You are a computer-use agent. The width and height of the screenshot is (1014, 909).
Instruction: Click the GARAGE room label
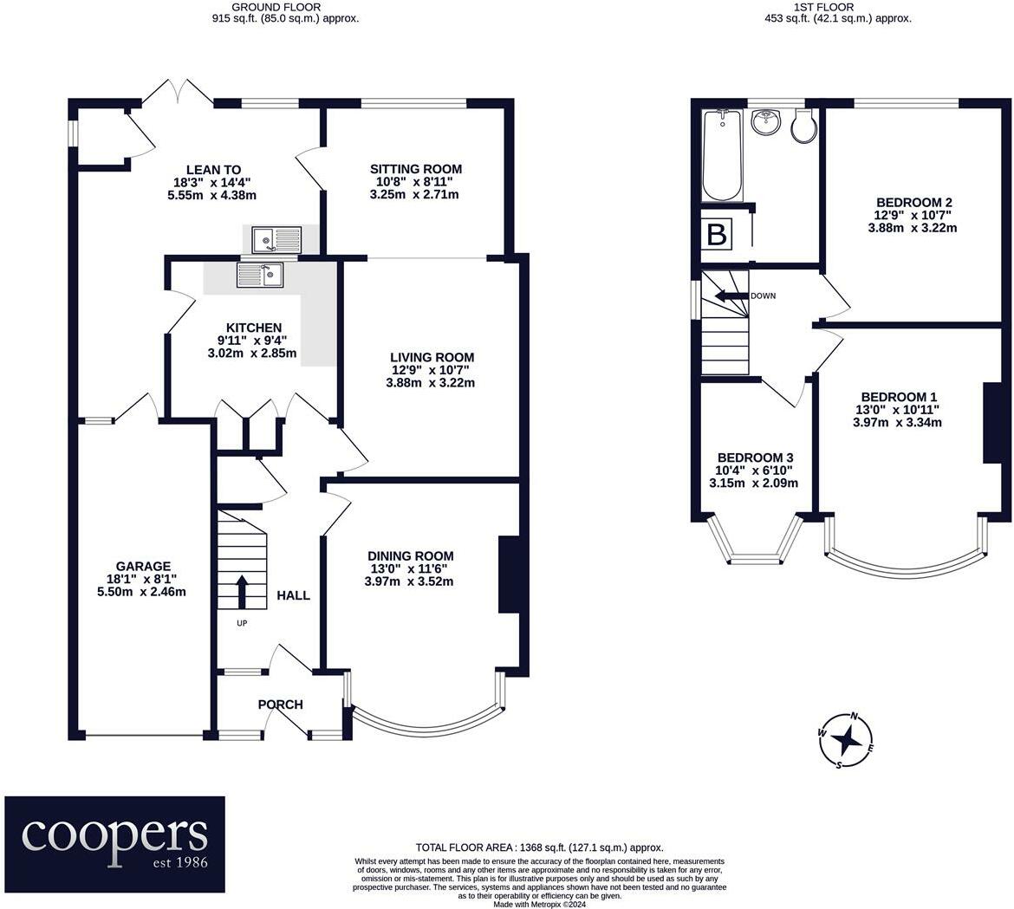click(144, 567)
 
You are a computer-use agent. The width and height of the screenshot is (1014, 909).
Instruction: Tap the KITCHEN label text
click(253, 328)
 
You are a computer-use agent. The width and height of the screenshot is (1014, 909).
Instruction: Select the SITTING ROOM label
click(416, 169)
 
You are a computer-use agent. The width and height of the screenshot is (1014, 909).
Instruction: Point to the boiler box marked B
click(718, 233)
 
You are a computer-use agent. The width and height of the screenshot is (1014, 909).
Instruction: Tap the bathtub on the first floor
click(723, 155)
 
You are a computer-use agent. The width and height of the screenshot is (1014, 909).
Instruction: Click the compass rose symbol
click(846, 741)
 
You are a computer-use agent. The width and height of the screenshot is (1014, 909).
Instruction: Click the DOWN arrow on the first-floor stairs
click(731, 296)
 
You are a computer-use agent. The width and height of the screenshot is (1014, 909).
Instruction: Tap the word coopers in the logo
click(114, 835)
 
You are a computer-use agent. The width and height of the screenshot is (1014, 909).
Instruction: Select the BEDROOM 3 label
click(756, 458)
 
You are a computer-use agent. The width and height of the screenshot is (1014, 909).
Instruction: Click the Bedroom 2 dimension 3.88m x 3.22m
click(913, 228)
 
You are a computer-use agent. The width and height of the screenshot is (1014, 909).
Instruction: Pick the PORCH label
click(280, 704)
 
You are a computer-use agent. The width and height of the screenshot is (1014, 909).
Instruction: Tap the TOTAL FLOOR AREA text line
click(539, 847)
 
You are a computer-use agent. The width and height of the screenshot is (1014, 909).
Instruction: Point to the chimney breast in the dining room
click(510, 574)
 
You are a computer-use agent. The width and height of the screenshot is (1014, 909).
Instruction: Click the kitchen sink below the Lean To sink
click(261, 275)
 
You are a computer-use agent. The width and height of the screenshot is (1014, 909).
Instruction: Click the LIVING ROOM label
click(432, 357)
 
